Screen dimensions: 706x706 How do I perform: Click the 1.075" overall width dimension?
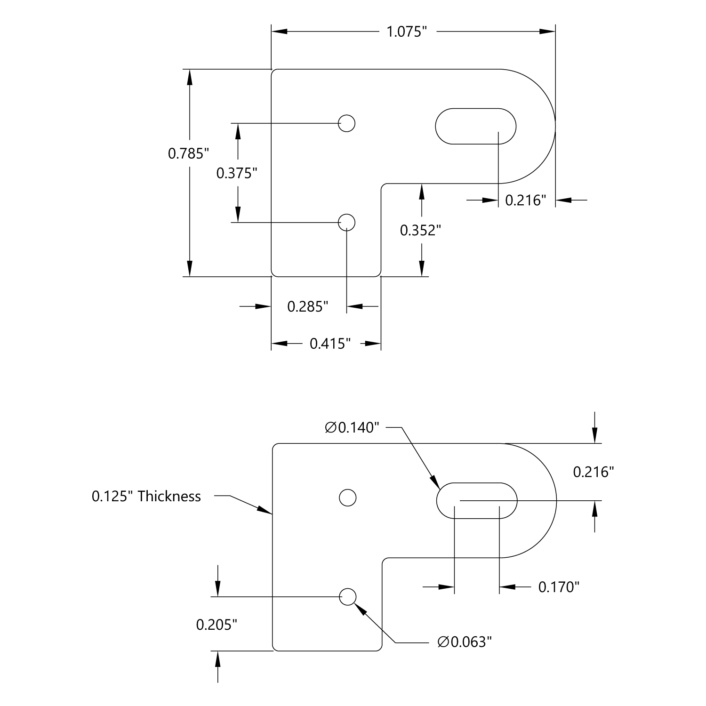click(x=406, y=32)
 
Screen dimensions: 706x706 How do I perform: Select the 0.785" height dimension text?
click(x=188, y=153)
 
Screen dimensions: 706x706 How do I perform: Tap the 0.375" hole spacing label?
click(x=237, y=173)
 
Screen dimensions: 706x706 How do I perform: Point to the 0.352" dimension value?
click(x=420, y=230)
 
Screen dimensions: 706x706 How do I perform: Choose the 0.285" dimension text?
click(x=307, y=307)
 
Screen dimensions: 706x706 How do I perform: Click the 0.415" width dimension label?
click(x=330, y=344)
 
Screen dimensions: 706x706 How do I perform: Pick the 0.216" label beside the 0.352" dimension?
click(x=525, y=201)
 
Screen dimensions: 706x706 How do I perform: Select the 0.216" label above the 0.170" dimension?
click(x=593, y=472)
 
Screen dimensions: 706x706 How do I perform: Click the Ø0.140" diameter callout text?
click(x=352, y=427)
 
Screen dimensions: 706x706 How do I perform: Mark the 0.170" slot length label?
click(x=559, y=587)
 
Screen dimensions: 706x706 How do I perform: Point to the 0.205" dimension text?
click(x=216, y=625)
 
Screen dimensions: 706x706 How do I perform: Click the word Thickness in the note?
click(x=169, y=496)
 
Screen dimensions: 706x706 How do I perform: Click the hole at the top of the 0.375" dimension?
click(x=347, y=123)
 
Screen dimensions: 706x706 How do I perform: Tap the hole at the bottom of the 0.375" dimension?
click(x=347, y=222)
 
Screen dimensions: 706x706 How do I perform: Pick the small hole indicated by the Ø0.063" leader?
click(x=348, y=597)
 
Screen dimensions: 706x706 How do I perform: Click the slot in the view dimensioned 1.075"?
click(x=475, y=126)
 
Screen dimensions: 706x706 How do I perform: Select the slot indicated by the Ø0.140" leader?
click(x=477, y=500)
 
